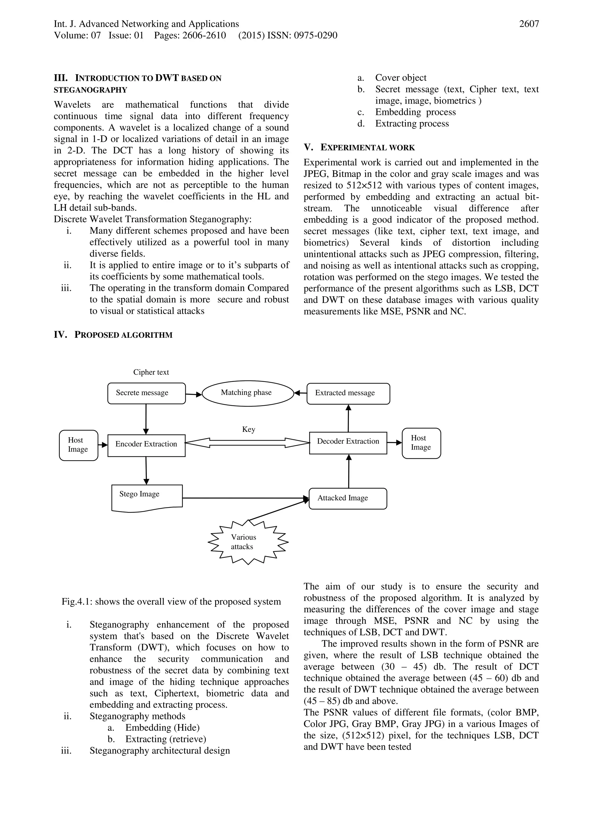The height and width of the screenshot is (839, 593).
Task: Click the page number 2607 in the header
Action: pos(529,24)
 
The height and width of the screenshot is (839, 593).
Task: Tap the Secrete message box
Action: pos(146,393)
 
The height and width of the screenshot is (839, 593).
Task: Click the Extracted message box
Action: pos(348,393)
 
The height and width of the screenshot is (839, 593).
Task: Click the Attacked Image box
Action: pos(347,498)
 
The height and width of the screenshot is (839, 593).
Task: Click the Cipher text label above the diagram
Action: pos(151,372)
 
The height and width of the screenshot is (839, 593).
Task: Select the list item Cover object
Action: pos(400,78)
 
